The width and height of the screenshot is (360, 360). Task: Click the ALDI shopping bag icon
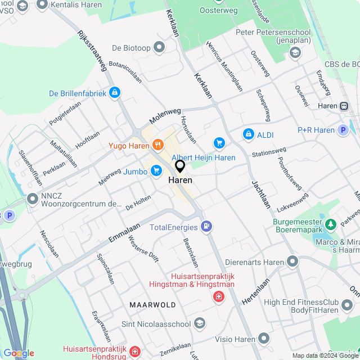click(248, 134)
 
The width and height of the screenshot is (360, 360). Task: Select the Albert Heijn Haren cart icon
click(218, 143)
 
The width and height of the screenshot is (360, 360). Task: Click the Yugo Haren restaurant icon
click(157, 145)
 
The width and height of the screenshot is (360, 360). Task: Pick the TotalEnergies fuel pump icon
click(207, 227)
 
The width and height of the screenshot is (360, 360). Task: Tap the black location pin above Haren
click(180, 166)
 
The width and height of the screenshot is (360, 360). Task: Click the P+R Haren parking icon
click(343, 130)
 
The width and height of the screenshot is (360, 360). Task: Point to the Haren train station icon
click(344, 106)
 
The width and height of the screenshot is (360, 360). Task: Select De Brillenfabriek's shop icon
click(115, 92)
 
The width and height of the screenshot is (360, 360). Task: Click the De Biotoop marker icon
click(159, 47)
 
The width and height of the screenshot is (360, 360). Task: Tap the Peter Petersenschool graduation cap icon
click(294, 52)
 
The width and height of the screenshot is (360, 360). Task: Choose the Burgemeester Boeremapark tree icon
click(331, 224)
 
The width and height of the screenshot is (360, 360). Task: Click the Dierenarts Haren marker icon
click(292, 262)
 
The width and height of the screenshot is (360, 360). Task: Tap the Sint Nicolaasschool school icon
click(200, 323)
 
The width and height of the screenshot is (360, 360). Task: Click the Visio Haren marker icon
click(264, 338)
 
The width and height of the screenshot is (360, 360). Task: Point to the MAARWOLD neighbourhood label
click(152, 304)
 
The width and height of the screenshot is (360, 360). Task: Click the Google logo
click(19, 353)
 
